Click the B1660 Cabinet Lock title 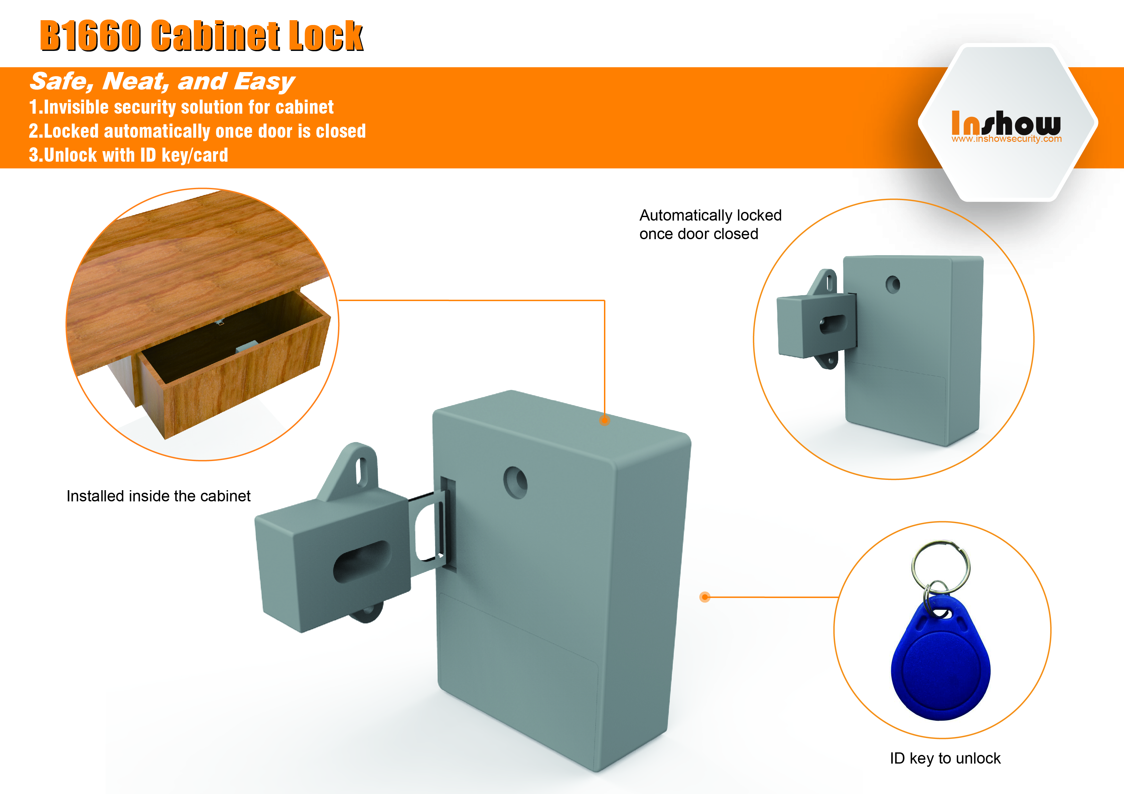pyautogui.click(x=201, y=36)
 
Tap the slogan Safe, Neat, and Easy pyautogui.click(x=162, y=81)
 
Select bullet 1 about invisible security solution pyautogui.click(x=181, y=107)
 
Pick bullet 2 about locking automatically pyautogui.click(x=197, y=131)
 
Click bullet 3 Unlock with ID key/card pyautogui.click(x=128, y=155)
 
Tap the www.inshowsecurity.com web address pyautogui.click(x=1006, y=139)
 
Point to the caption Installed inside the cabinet pyautogui.click(x=158, y=496)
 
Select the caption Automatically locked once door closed pyautogui.click(x=710, y=224)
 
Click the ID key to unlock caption pyautogui.click(x=945, y=758)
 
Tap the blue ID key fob pyautogui.click(x=940, y=658)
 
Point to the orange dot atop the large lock pyautogui.click(x=605, y=420)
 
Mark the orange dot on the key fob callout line pyautogui.click(x=705, y=597)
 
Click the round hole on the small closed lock pyautogui.click(x=893, y=284)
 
